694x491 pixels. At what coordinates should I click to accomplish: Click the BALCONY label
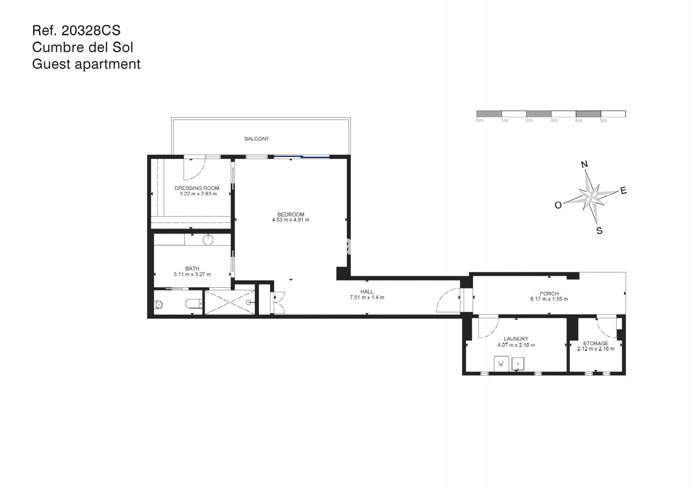tap(256, 139)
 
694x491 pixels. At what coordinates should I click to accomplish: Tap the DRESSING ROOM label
tap(197, 188)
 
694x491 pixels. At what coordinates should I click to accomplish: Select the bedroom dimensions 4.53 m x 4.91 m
tap(290, 220)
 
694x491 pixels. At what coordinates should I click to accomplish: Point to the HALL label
tap(367, 292)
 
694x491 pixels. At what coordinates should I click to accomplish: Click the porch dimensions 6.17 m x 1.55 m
tap(549, 299)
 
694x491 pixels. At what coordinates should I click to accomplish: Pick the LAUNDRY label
tap(516, 339)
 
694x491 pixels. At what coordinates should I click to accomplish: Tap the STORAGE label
tap(595, 343)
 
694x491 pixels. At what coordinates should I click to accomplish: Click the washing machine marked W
tap(501, 363)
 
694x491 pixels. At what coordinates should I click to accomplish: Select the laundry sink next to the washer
tap(518, 363)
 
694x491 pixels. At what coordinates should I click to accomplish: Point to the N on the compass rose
tap(584, 164)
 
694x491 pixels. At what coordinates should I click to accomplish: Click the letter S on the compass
tap(599, 230)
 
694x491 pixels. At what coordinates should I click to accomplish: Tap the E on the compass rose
tap(624, 190)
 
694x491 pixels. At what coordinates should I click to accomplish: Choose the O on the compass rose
tap(558, 205)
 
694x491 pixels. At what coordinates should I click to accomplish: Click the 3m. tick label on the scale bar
tap(554, 120)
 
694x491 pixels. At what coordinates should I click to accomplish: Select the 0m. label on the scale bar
tap(480, 120)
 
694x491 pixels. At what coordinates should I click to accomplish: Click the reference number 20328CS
tap(91, 30)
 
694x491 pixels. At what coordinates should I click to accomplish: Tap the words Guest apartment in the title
tap(86, 64)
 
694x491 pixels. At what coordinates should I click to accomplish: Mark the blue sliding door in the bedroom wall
tap(302, 157)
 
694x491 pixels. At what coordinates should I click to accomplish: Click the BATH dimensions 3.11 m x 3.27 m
tap(192, 274)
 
